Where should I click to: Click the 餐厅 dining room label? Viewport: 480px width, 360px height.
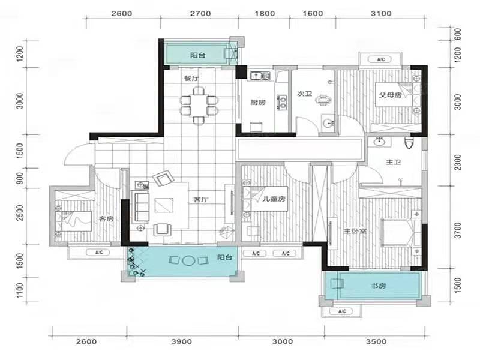point(191,78)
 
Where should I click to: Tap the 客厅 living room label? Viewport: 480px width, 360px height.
point(201,200)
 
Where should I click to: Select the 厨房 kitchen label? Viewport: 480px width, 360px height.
point(258,102)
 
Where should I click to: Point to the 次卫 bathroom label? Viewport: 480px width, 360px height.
point(305,94)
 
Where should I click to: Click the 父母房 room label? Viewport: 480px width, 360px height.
point(391,95)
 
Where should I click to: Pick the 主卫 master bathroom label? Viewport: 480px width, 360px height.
point(394,162)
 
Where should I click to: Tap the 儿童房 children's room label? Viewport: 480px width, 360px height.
point(274,199)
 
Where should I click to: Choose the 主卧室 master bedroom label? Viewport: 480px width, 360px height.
point(355,231)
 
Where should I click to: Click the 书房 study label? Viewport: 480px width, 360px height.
point(379,286)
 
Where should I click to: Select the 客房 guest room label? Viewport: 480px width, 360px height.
point(106,218)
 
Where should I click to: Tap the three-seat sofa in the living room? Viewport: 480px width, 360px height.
point(141,206)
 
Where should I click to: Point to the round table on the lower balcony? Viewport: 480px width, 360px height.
point(188,260)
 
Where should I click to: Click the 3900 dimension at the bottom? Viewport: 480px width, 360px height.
point(182,341)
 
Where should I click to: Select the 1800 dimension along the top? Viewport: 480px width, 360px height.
point(265,13)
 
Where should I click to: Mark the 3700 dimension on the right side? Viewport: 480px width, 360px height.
point(458,230)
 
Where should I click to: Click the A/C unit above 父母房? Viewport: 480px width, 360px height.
point(381,59)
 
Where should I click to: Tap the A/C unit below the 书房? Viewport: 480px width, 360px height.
point(342,311)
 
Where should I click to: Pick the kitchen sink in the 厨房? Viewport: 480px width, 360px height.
point(260,76)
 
